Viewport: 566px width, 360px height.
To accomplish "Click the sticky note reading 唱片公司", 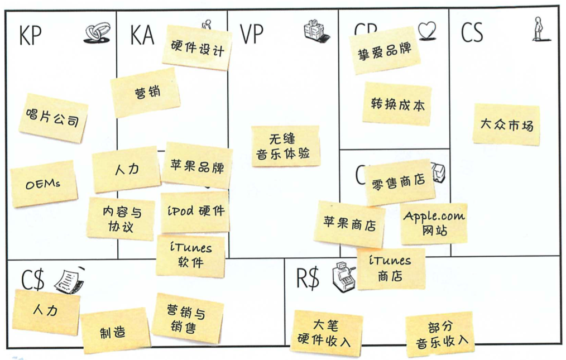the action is click(53, 118).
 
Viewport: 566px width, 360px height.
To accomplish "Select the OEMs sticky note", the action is click(43, 184).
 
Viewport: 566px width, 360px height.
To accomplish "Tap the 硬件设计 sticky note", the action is click(197, 49).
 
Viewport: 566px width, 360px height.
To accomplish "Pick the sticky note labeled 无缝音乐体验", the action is click(285, 146).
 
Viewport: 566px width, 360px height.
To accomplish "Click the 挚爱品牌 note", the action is click(385, 50).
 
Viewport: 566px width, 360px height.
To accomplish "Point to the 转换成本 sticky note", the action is click(397, 104).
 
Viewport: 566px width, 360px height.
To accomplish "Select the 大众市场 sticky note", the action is click(506, 124).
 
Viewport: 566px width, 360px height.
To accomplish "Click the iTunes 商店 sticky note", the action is click(391, 268).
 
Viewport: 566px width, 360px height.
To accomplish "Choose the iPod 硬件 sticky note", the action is click(195, 212).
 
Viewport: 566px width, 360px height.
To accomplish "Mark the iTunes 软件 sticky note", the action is click(190, 255).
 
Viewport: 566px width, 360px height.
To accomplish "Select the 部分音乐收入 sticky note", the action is click(440, 334).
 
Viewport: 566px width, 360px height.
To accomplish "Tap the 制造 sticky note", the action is click(115, 332).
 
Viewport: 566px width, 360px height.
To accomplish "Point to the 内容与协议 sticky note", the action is click(121, 219).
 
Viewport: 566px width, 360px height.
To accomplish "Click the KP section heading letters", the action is click(30, 36).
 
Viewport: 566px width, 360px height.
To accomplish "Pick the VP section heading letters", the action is click(251, 35).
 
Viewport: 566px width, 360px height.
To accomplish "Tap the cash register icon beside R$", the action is click(342, 277).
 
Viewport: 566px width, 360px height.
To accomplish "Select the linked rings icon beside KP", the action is click(97, 34).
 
